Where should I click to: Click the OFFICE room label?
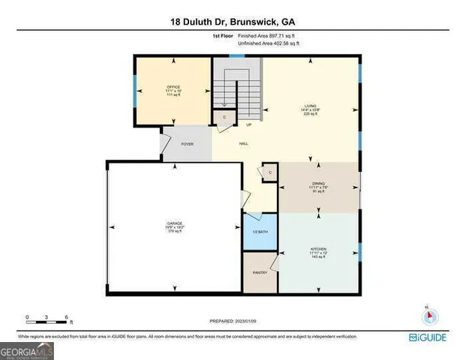click(173, 87)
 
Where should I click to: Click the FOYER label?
click(188, 143)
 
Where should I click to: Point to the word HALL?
click(244, 143)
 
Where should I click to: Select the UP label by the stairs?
click(248, 124)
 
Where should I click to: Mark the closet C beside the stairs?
click(223, 118)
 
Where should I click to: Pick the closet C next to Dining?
click(269, 172)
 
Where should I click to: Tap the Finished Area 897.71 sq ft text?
click(267, 36)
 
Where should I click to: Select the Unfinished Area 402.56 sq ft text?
click(269, 45)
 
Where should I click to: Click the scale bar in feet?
click(47, 320)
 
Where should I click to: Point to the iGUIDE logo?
click(429, 338)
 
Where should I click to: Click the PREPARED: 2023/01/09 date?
click(233, 322)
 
